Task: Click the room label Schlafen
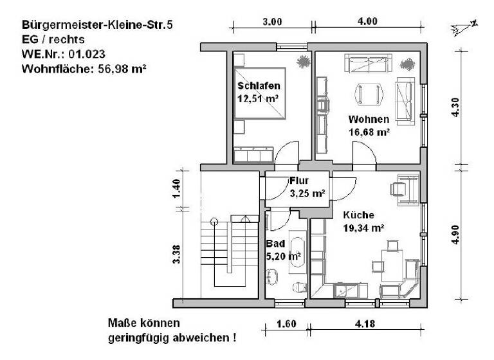(258, 86)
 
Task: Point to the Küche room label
(358, 215)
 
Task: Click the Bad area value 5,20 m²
(284, 256)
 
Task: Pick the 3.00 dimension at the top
(272, 22)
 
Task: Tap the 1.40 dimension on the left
(178, 190)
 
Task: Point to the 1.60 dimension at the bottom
(287, 324)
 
